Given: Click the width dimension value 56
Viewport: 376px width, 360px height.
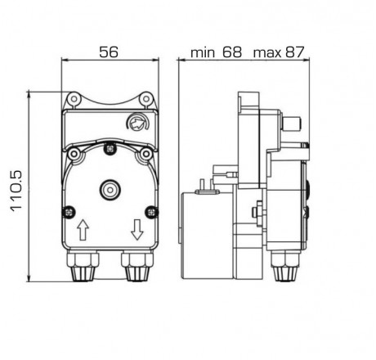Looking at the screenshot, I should pyautogui.click(x=108, y=52).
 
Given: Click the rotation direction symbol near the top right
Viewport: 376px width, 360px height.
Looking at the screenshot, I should pyautogui.click(x=134, y=124).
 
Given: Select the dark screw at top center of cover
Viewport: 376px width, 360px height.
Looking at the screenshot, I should pyautogui.click(x=110, y=148).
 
